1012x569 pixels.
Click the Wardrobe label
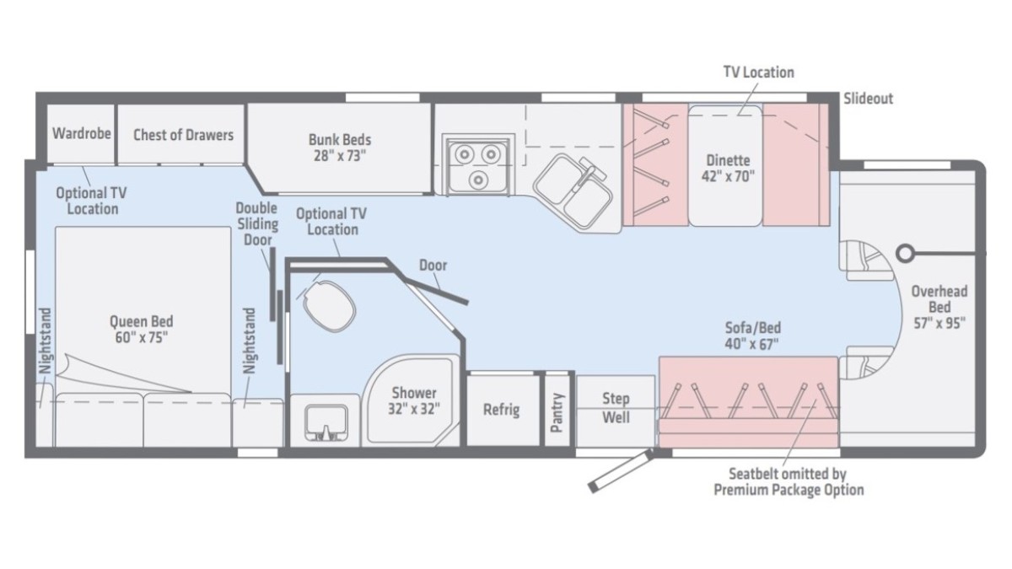81,133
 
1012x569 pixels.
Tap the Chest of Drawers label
184,135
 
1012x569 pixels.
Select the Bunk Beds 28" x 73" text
340,148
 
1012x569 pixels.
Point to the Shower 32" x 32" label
414,400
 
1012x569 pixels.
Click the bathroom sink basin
326,421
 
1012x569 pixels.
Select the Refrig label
502,410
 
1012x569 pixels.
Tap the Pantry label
557,412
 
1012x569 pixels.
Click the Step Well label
616,408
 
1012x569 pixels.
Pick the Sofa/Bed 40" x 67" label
752,335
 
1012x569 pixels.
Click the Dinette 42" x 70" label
728,168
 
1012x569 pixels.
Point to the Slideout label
869,99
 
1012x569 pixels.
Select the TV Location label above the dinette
758,72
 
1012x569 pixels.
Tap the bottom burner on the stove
478,180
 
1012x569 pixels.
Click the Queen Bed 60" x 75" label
142,330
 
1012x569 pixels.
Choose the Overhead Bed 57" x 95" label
939,307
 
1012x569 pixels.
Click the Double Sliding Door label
257,224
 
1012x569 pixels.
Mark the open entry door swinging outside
621,470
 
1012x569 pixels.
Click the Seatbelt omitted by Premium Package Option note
789,482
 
